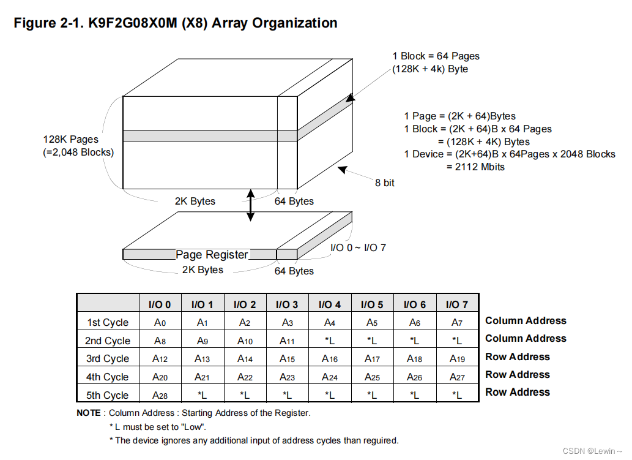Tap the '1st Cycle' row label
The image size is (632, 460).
click(x=108, y=323)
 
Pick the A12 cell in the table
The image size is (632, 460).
click(x=160, y=359)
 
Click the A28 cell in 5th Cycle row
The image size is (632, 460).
click(x=160, y=395)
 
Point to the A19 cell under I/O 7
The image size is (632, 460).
click(x=457, y=359)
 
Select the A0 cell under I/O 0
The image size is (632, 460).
click(x=160, y=323)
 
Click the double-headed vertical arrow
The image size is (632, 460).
click(x=250, y=205)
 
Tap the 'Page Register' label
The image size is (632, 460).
click(x=212, y=255)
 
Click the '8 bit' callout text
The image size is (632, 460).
click(x=385, y=183)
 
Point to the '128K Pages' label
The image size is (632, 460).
click(x=70, y=140)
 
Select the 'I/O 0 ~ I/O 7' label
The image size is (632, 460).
click(x=358, y=247)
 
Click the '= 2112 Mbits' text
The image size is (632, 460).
click(x=475, y=167)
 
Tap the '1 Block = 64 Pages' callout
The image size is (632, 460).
click(x=436, y=56)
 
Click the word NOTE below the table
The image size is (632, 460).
click(x=89, y=413)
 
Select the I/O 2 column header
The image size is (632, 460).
click(x=244, y=304)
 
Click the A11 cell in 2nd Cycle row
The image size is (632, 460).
click(x=286, y=341)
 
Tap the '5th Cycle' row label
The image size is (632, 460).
click(x=108, y=395)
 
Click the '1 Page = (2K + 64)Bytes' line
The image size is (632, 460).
click(x=459, y=116)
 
